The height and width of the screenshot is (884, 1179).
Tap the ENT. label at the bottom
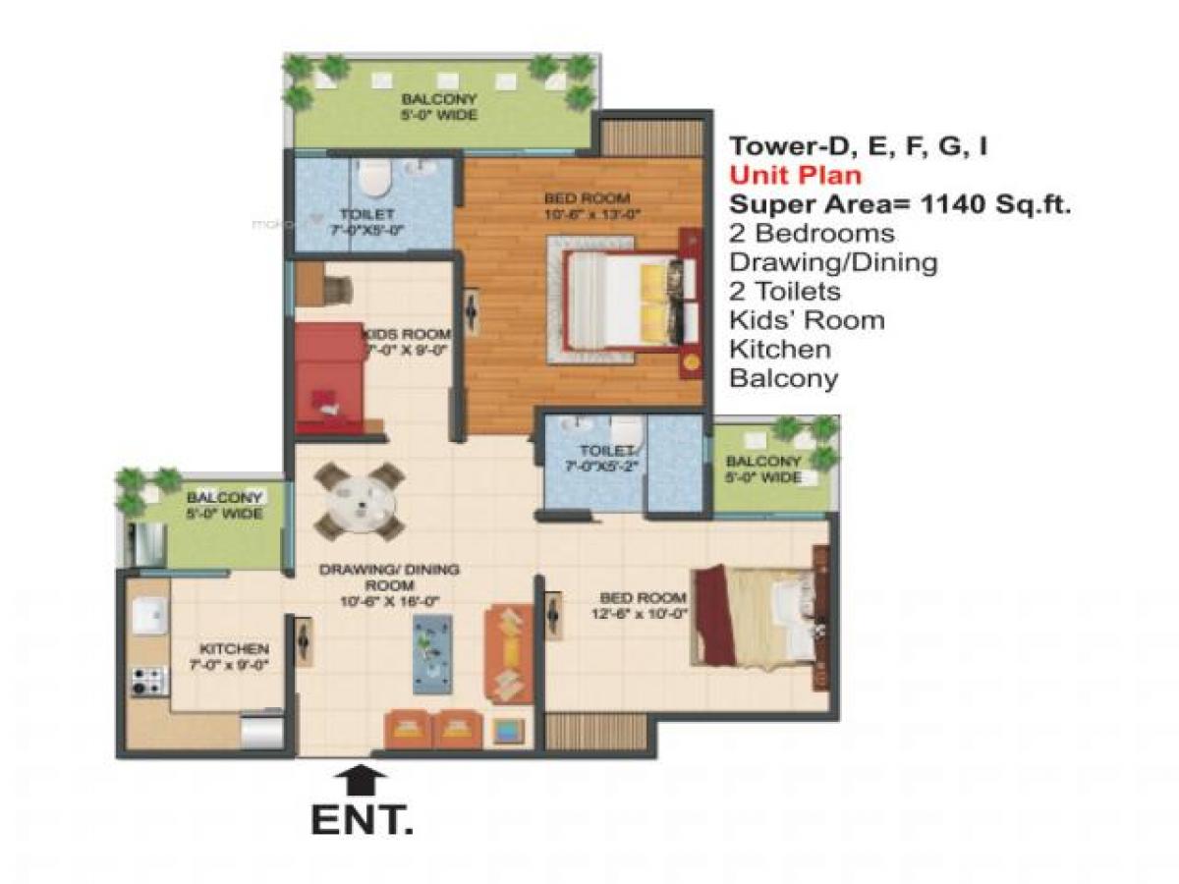pos(361,821)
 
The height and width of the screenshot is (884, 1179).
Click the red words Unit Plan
pos(795,176)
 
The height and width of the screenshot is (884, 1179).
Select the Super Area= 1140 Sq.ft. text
pos(899,204)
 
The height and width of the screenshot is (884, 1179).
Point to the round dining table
pos(360,501)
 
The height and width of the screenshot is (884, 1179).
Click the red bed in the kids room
pos(330,378)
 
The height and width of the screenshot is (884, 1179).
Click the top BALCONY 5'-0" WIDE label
pos(439,107)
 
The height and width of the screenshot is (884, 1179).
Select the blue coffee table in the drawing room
pos(432,654)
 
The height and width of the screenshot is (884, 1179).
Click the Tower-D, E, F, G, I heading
pos(857,147)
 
